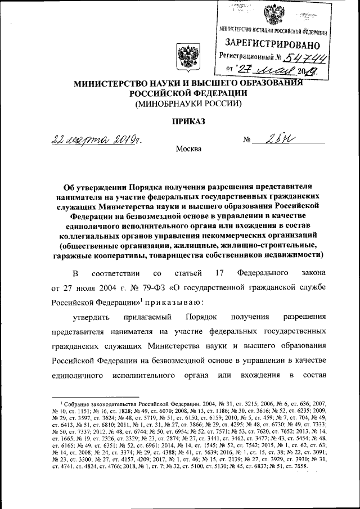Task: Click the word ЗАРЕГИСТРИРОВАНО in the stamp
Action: click(273, 43)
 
